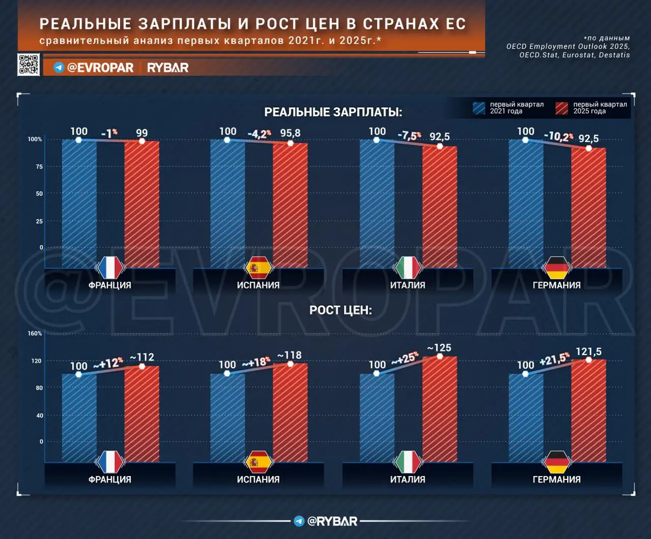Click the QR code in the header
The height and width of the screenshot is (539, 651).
pos(28,65)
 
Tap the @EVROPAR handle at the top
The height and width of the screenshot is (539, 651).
pos(94,68)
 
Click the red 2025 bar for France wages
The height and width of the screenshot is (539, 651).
pos(141,203)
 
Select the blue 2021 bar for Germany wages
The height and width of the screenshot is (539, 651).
pos(526,203)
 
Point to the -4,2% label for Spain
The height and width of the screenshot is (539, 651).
pos(259,134)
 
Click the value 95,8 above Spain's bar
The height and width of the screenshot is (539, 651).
pos(290,133)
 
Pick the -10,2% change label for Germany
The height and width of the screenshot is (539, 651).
pos(558,136)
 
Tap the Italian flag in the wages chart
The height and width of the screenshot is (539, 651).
pos(407,267)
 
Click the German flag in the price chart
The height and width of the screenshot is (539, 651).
pos(556,462)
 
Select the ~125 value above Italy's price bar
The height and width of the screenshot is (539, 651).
pos(439,348)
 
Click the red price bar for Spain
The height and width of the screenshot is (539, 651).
pos(290,412)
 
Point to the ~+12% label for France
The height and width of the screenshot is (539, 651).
pos(108,364)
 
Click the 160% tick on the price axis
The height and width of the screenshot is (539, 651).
pos(35,334)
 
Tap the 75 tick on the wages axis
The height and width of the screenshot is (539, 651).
pos(39,167)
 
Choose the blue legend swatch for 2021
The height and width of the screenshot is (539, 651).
pos(479,108)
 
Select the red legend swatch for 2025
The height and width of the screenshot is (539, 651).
pos(562,108)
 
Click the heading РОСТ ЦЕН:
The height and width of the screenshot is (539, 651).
pos(340,310)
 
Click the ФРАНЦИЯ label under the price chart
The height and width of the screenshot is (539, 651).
pos(110,480)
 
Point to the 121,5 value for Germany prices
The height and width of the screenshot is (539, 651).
pos(588,351)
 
